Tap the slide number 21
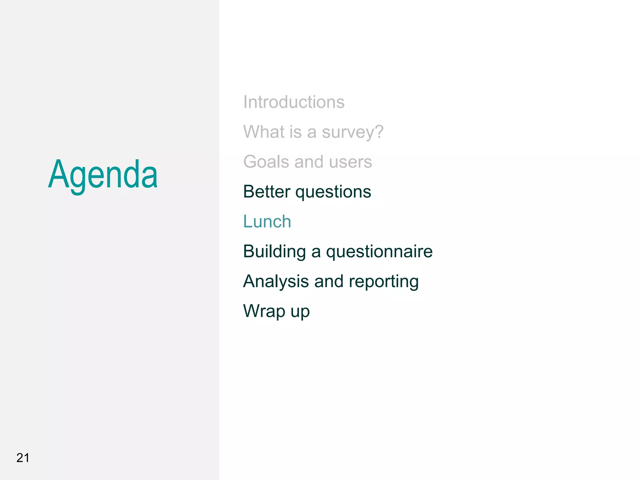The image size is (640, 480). [x=23, y=458]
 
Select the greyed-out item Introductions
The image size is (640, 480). [x=294, y=102]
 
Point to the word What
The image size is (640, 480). [x=264, y=132]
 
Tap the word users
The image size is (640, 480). [x=350, y=162]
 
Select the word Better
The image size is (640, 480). [x=267, y=191]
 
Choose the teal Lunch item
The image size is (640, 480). [x=267, y=221]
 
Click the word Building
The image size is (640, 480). [x=274, y=252]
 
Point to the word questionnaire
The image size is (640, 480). [x=379, y=252]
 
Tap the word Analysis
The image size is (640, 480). [x=276, y=282]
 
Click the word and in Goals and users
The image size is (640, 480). [x=309, y=162]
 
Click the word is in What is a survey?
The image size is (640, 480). [x=295, y=132]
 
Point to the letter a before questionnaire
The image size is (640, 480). [x=316, y=252]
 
